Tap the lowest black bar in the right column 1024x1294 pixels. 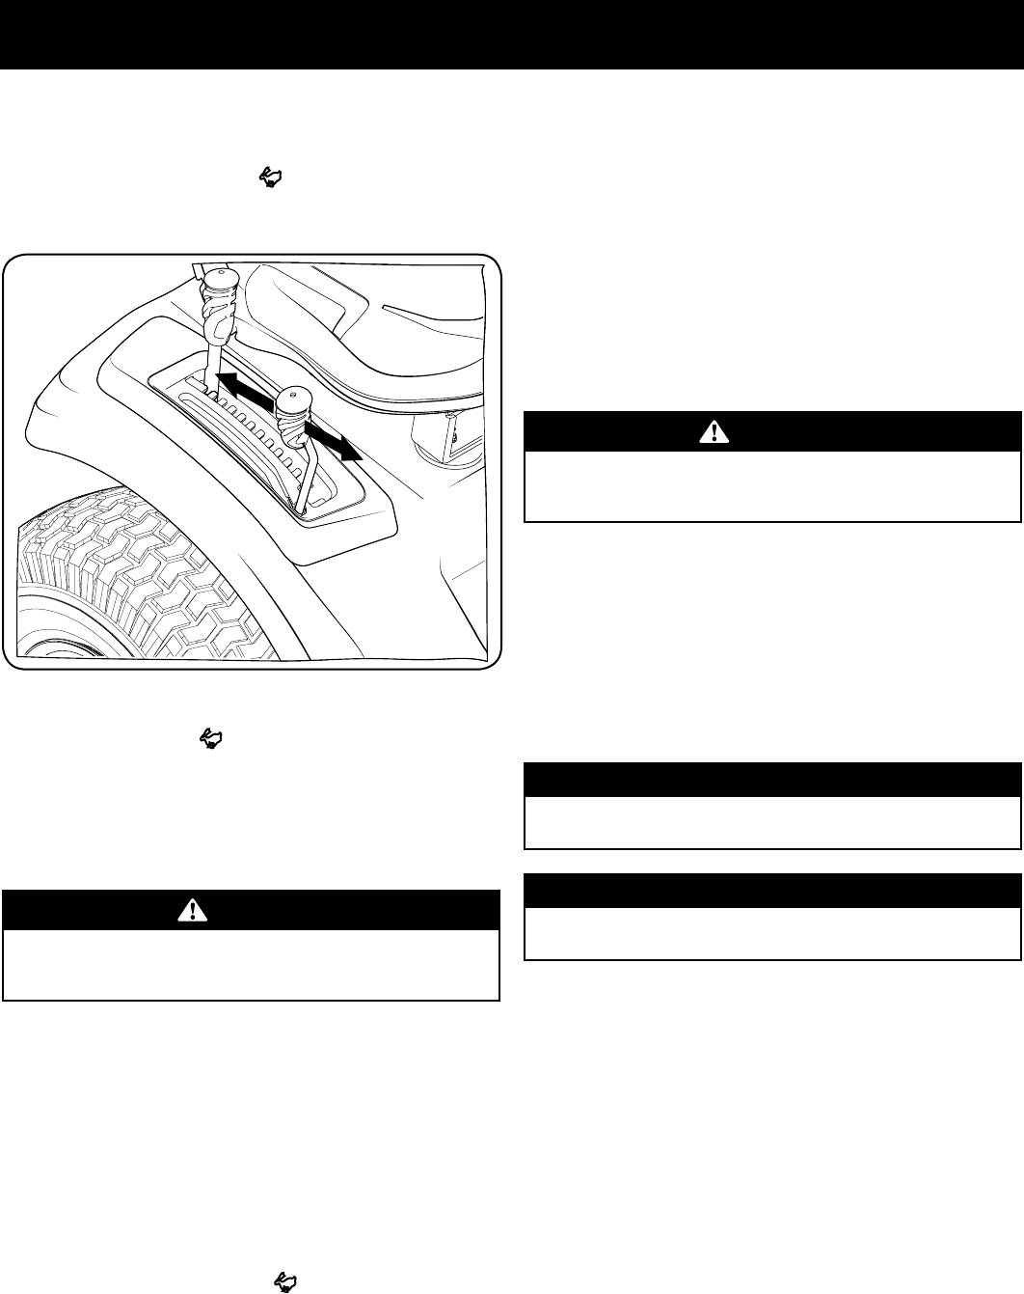click(x=771, y=890)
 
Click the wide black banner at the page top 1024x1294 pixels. click(x=512, y=34)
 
